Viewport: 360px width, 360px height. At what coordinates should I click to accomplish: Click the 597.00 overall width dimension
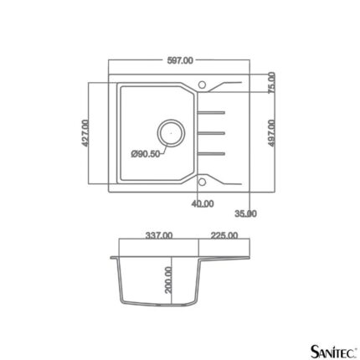(180, 60)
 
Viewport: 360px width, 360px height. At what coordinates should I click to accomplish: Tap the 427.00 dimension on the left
(85, 133)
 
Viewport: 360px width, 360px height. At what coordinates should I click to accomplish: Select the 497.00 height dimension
(271, 133)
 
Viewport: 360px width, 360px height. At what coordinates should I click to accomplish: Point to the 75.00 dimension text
(271, 83)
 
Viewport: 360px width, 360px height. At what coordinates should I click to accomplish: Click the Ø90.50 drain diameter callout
(146, 153)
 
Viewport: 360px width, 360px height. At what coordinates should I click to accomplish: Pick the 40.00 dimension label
(203, 204)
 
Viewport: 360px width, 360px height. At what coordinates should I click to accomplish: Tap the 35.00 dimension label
(245, 213)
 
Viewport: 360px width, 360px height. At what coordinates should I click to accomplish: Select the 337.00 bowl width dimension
(159, 236)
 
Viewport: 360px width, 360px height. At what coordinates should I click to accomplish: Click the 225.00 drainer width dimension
(224, 236)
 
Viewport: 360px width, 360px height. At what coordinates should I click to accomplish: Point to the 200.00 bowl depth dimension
(168, 280)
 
